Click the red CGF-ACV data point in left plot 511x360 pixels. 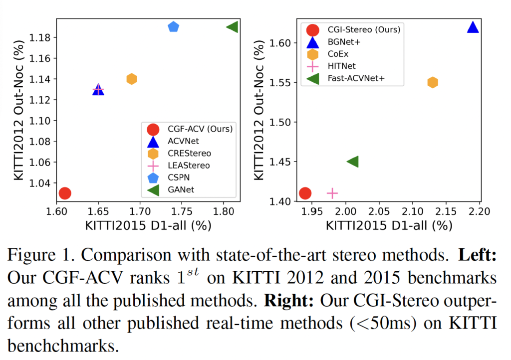[64, 193]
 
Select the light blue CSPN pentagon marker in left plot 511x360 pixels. [173, 27]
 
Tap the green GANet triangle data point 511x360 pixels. [232, 27]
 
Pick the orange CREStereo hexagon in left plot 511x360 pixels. [132, 79]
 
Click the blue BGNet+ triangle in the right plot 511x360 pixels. [473, 27]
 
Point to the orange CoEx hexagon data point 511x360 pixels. [433, 82]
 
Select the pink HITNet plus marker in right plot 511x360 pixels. [332, 193]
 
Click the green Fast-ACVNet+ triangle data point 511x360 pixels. [352, 162]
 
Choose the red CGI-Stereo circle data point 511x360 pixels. [305, 193]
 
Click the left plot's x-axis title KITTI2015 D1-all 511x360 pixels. [148, 225]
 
